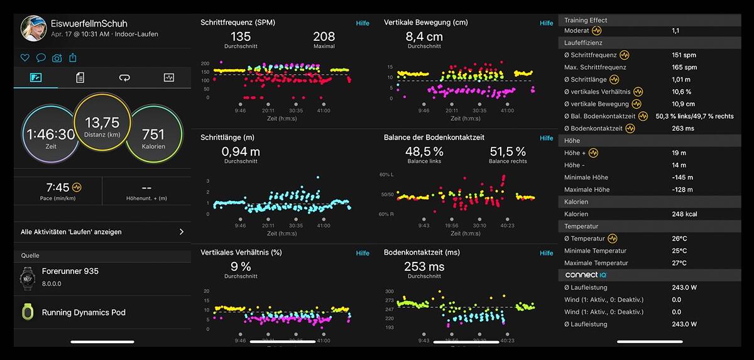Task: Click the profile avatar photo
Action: (x=33, y=28)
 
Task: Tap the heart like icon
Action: (x=25, y=58)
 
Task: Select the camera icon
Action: (x=57, y=58)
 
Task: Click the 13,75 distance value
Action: (x=102, y=123)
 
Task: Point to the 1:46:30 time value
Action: (x=50, y=134)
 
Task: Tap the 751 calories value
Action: (x=153, y=134)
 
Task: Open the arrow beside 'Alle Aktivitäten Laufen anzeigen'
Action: (x=182, y=232)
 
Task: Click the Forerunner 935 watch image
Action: (x=27, y=278)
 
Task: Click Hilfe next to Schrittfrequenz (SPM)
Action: (x=363, y=23)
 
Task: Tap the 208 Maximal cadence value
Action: (x=324, y=36)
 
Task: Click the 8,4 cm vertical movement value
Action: (x=423, y=36)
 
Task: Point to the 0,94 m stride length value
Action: (x=241, y=151)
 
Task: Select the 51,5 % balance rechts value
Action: (x=508, y=151)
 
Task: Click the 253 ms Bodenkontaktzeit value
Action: (x=424, y=266)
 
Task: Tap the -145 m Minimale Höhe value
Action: (x=681, y=177)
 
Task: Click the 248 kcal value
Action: (x=684, y=214)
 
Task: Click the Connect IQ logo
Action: (x=585, y=275)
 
